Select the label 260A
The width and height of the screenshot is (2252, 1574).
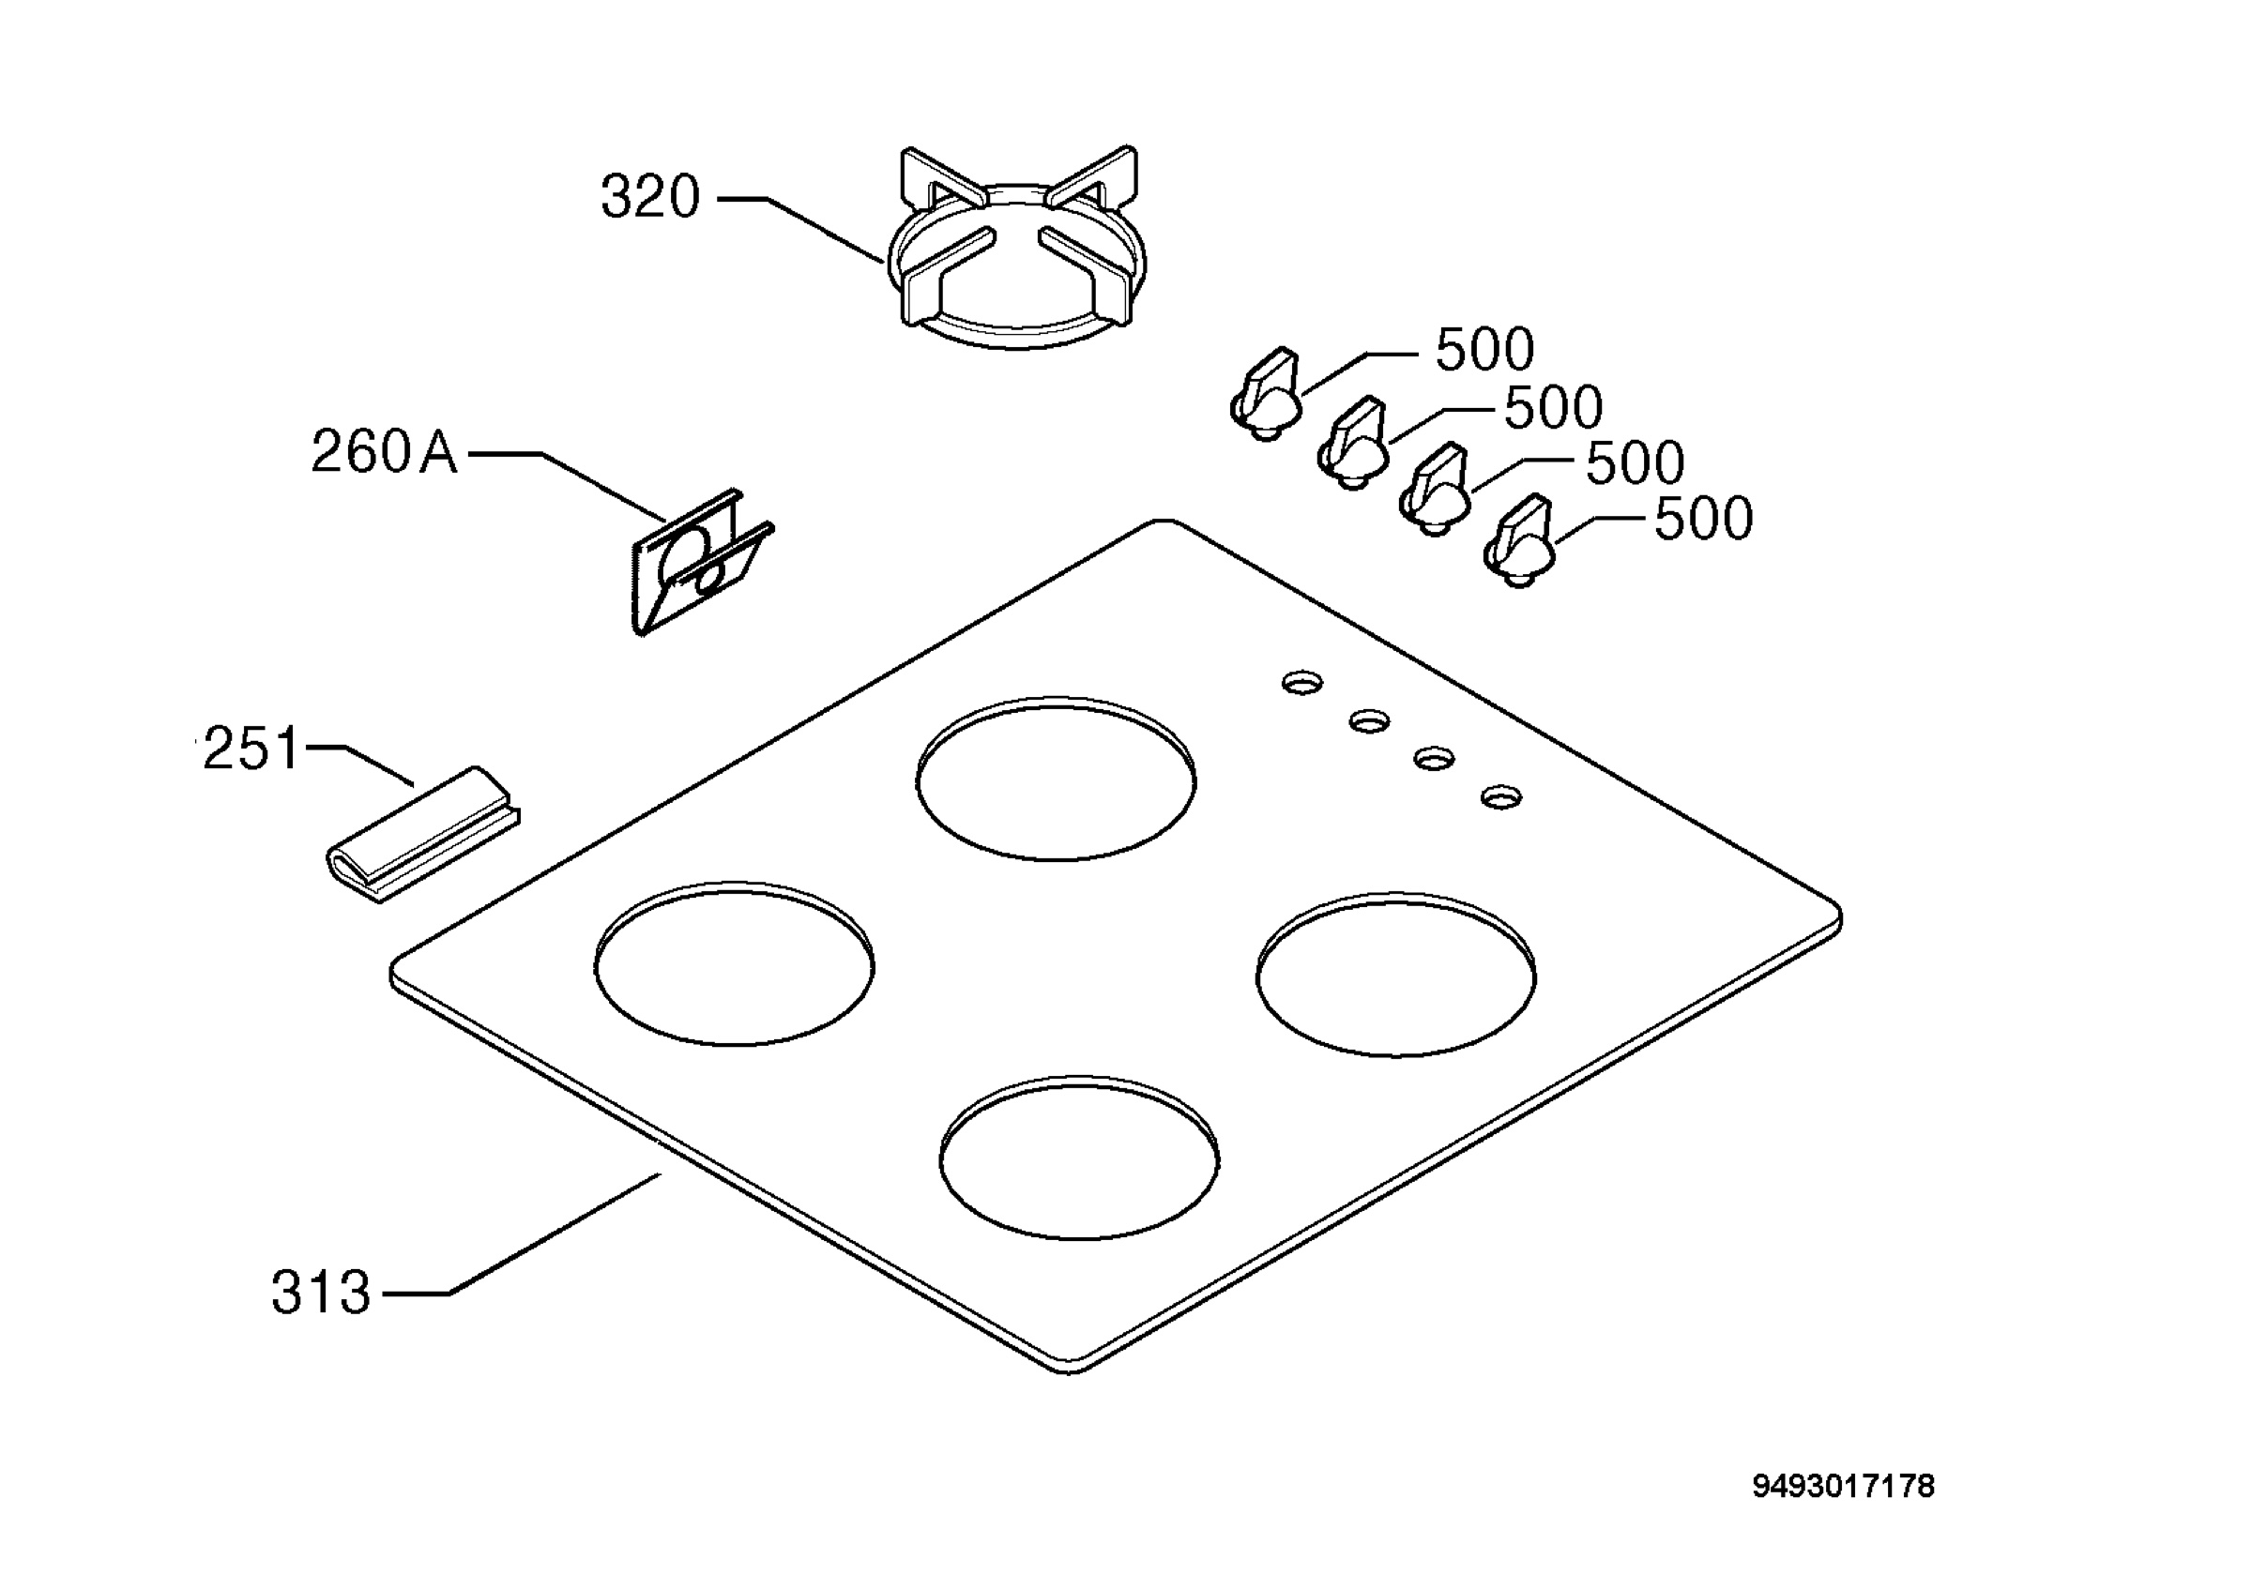tap(385, 452)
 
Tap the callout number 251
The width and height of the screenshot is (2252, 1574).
tap(251, 749)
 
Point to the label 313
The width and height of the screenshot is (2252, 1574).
tap(321, 1293)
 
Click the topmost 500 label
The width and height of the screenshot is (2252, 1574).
tap(1485, 349)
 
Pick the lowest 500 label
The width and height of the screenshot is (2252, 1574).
tap(1704, 519)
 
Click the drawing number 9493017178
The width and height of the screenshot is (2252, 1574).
tap(1843, 1487)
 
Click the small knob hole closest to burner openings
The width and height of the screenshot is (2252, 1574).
tap(1302, 683)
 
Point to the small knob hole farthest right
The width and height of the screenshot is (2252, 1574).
tap(1500, 795)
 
